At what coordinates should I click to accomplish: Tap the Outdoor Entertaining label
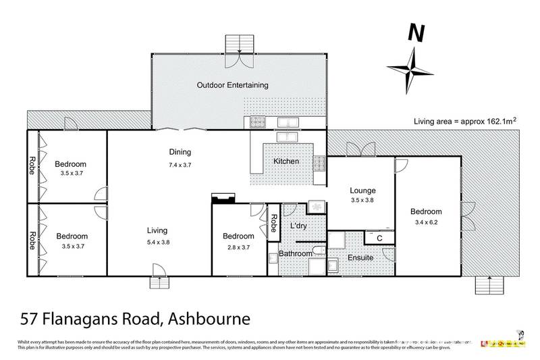click(232, 85)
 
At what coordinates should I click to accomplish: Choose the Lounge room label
click(362, 191)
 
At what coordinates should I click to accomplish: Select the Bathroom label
click(296, 253)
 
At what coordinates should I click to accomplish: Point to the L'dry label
click(299, 226)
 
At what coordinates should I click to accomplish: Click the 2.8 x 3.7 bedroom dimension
click(239, 248)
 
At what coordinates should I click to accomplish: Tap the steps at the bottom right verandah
click(488, 285)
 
